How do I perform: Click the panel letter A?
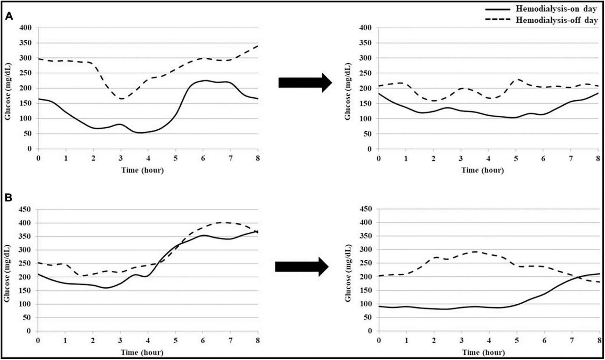(9, 16)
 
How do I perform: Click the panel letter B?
(9, 198)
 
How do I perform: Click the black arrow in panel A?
(305, 83)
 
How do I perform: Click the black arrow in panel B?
(301, 267)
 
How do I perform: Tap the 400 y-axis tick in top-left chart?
(26, 28)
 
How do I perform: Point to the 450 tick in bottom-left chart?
(26, 210)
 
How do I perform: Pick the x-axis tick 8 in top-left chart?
(258, 158)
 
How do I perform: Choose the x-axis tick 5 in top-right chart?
(516, 158)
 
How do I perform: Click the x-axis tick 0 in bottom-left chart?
(38, 341)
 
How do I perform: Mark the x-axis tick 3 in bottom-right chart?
(462, 341)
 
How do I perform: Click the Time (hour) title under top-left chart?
(143, 170)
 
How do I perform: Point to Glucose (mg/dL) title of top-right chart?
(348, 91)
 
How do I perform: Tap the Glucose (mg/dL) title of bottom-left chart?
(7, 273)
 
